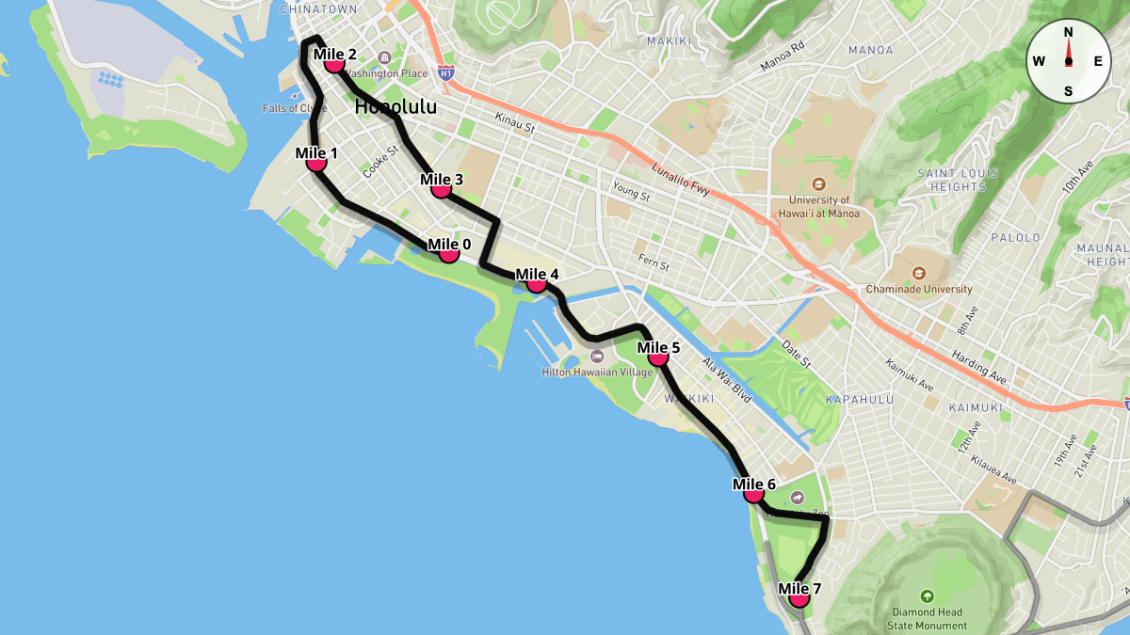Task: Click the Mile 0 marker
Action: pyautogui.click(x=449, y=253)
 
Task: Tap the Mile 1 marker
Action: pyautogui.click(x=316, y=162)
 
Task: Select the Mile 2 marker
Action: pyautogui.click(x=334, y=63)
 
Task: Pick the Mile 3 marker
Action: pyautogui.click(x=441, y=188)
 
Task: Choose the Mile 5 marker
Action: pyautogui.click(x=658, y=357)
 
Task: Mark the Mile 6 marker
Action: pyautogui.click(x=753, y=493)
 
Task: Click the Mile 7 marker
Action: pyautogui.click(x=799, y=597)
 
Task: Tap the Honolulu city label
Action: pyautogui.click(x=395, y=107)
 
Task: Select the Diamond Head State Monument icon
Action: pyautogui.click(x=928, y=595)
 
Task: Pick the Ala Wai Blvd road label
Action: pyautogui.click(x=726, y=379)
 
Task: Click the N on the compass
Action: pyautogui.click(x=1069, y=32)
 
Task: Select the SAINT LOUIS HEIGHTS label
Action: pyautogui.click(x=951, y=180)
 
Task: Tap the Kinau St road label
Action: pyautogui.click(x=515, y=122)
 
